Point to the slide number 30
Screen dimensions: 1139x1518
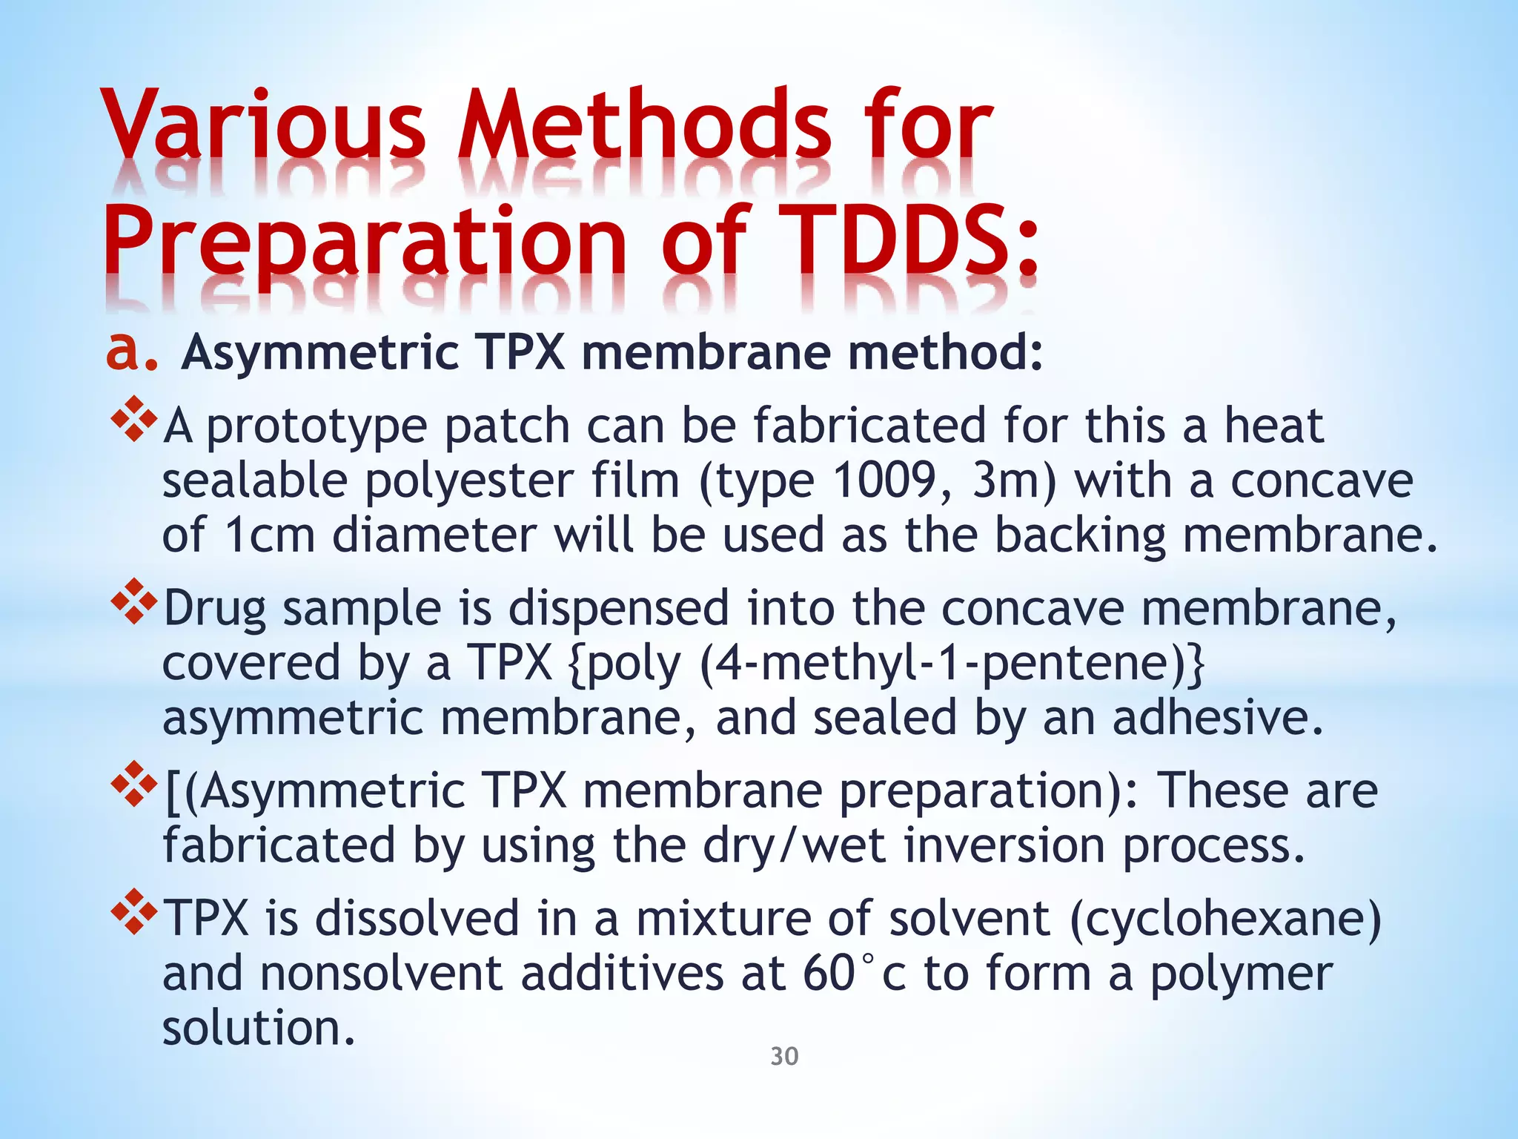point(784,1056)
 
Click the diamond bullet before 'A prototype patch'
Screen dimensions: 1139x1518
point(134,420)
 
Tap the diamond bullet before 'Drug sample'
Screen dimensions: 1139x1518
point(134,601)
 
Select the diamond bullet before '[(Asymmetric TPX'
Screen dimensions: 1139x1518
point(134,784)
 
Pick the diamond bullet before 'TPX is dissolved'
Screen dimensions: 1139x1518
point(134,911)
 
